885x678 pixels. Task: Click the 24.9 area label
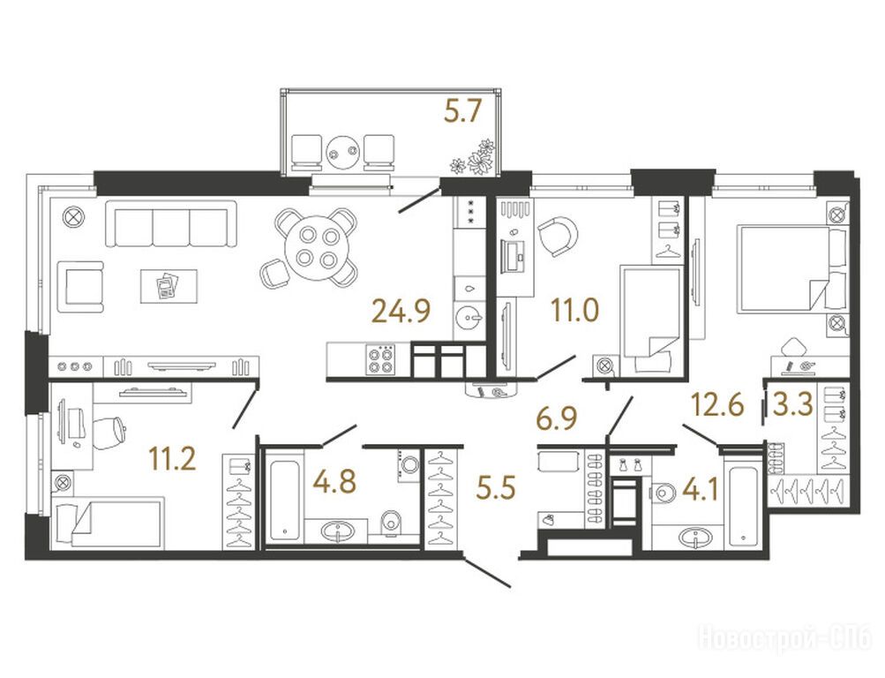click(401, 311)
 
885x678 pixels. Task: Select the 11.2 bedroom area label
click(172, 458)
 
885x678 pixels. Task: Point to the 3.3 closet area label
click(792, 404)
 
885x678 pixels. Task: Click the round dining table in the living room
click(317, 248)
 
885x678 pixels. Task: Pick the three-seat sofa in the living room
click(170, 223)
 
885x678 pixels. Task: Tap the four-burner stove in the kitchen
click(379, 360)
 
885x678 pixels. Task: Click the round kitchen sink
click(469, 318)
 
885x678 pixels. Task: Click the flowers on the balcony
click(473, 157)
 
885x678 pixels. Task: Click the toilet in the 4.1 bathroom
click(663, 493)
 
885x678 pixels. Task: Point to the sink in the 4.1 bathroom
click(696, 538)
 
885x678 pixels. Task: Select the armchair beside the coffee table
click(80, 286)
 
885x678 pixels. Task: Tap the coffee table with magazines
click(169, 286)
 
